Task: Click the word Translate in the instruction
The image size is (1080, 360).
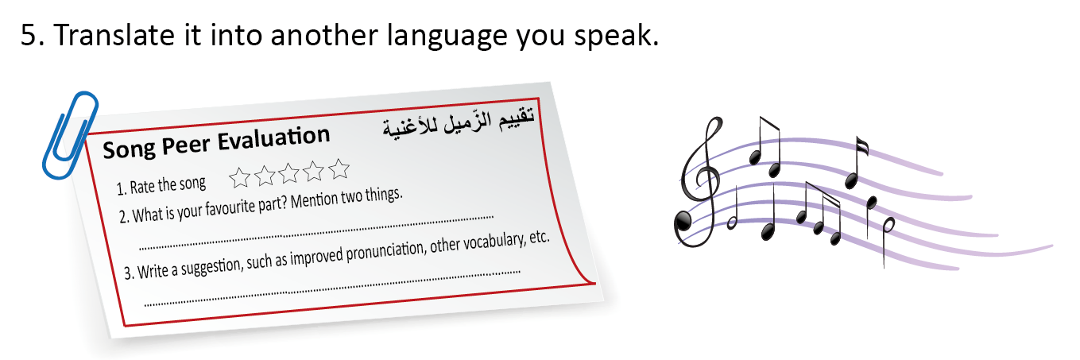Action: click(x=114, y=35)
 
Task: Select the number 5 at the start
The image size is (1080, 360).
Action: click(x=29, y=36)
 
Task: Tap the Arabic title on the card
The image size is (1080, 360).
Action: click(x=459, y=122)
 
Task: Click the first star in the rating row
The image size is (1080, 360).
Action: click(x=240, y=177)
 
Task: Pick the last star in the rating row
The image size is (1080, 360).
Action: click(x=339, y=168)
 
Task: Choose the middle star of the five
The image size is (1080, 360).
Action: click(x=288, y=173)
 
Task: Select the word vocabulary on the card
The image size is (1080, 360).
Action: click(x=494, y=242)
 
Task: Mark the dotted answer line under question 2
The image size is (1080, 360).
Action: click(x=316, y=233)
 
